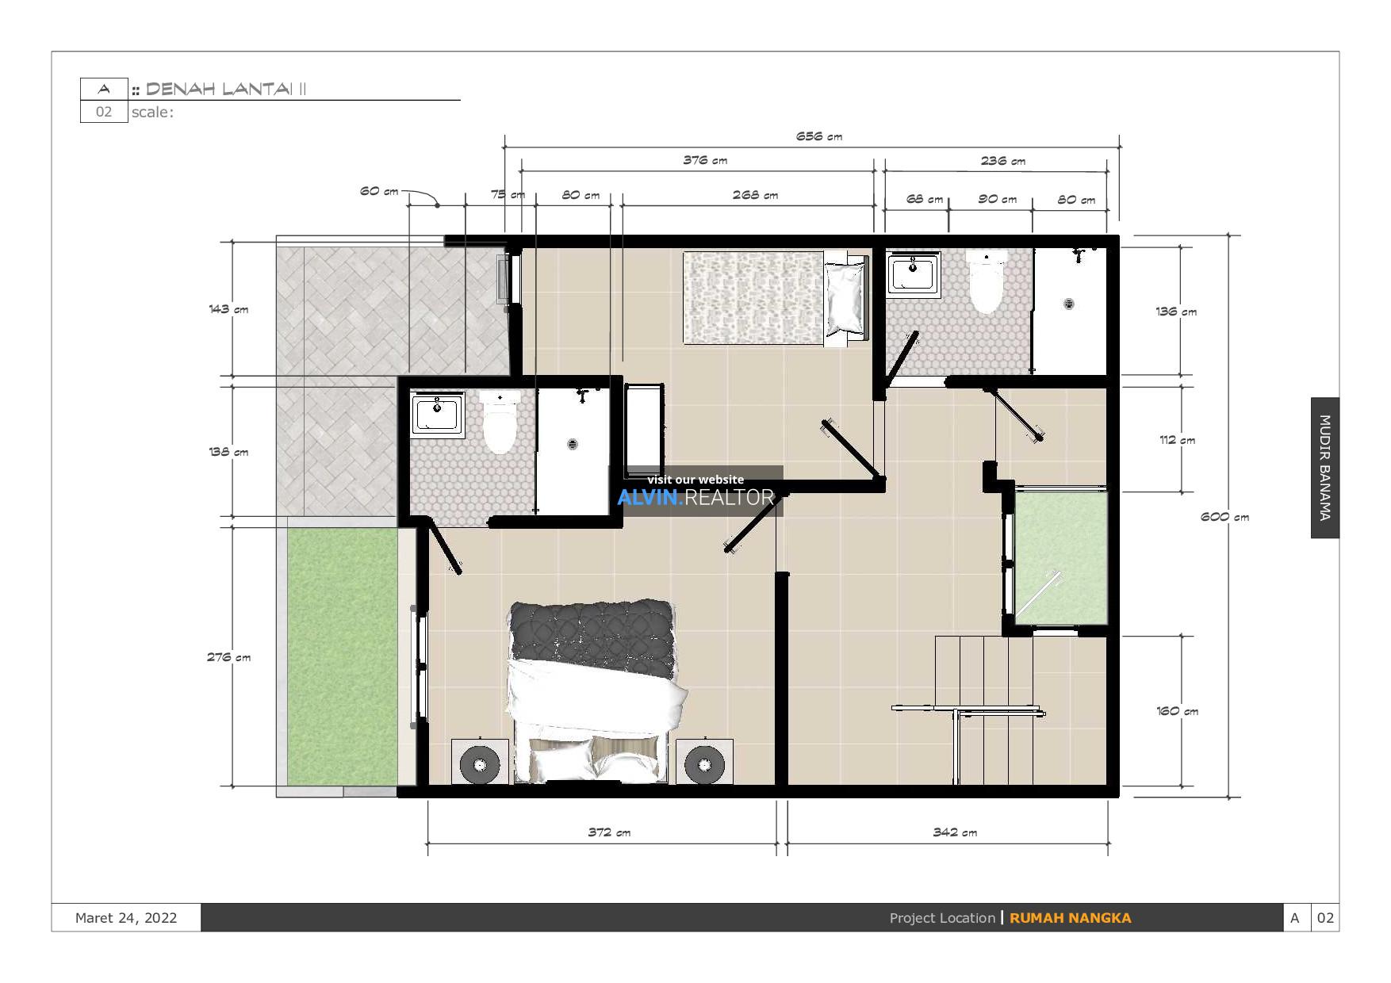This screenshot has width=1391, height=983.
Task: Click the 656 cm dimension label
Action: coord(818,136)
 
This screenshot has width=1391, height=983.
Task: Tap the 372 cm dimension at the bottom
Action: coord(608,832)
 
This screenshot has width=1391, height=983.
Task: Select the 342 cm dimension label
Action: coord(954,832)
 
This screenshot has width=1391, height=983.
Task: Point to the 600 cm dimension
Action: coord(1224,517)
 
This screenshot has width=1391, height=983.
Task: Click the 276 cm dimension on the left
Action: coord(228,657)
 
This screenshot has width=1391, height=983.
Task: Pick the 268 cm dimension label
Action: coord(754,195)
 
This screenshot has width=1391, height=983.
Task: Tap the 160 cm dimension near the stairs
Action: coord(1177,711)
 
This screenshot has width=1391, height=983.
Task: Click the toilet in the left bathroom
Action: coord(500,423)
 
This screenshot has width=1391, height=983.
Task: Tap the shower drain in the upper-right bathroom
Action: coord(1068,303)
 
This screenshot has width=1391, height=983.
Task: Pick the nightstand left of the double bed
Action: coord(480,763)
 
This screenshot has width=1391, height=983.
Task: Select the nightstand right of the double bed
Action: coord(704,763)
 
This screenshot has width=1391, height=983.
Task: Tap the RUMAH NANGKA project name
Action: coord(1070,918)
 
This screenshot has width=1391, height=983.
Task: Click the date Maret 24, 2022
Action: coord(126,918)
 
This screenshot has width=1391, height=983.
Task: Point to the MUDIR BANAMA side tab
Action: coord(1324,468)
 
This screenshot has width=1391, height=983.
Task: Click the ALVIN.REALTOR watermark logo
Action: coord(695,497)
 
